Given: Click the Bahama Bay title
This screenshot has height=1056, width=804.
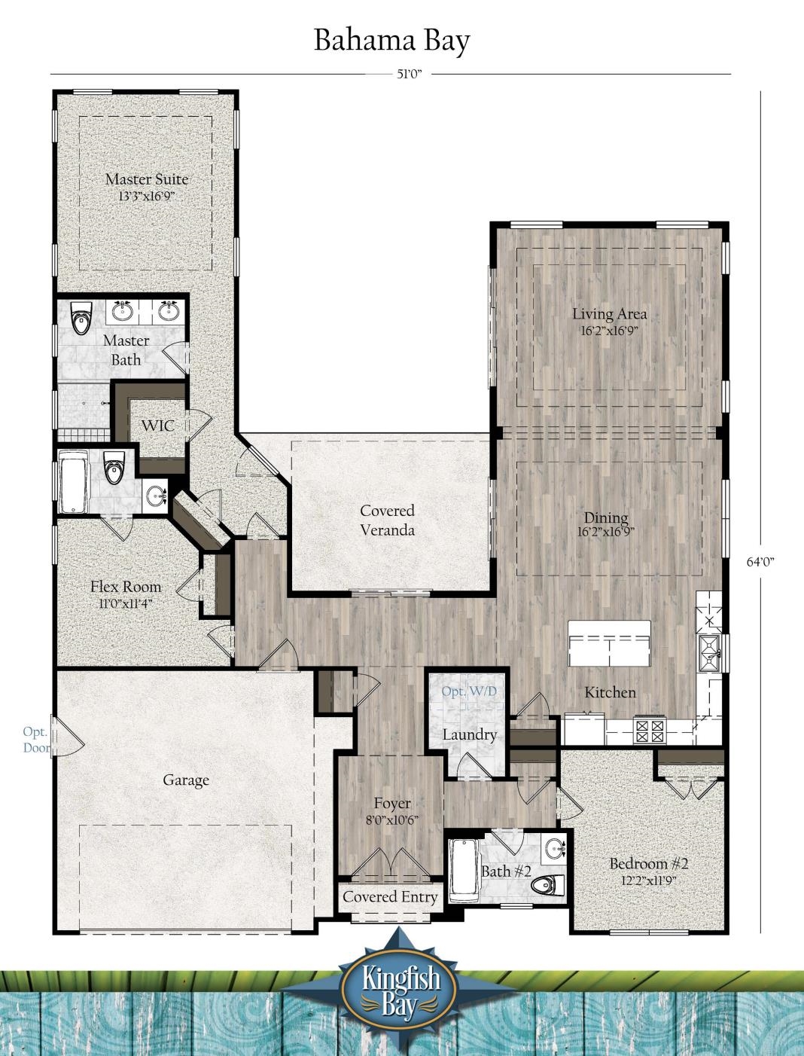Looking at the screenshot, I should [x=391, y=40].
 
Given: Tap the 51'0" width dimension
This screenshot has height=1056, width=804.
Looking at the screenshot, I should [x=407, y=74].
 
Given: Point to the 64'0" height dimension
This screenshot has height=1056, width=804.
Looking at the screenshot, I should [x=760, y=561].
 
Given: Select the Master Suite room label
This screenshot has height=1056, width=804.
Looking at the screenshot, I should [x=147, y=179].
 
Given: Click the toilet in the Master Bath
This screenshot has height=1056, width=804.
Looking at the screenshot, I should [x=80, y=319].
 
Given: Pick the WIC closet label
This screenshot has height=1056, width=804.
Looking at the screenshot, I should [x=157, y=426].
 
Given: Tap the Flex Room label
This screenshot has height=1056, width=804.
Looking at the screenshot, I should [x=126, y=587].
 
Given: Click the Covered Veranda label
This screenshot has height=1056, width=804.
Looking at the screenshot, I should [x=387, y=520].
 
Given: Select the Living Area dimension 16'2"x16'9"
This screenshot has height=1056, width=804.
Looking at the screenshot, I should [x=609, y=331].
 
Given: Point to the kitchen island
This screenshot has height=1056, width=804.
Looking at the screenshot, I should [x=609, y=643].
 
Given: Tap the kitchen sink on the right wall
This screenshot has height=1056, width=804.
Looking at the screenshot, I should [x=709, y=652].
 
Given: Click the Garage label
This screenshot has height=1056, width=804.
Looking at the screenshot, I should [x=186, y=780].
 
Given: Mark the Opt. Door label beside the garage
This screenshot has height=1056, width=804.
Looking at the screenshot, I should [x=35, y=740].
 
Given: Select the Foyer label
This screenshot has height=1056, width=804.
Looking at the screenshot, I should [x=392, y=804].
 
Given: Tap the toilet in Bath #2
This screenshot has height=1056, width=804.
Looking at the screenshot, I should [x=547, y=884].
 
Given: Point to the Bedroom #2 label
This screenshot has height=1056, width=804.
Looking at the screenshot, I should [x=649, y=863].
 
